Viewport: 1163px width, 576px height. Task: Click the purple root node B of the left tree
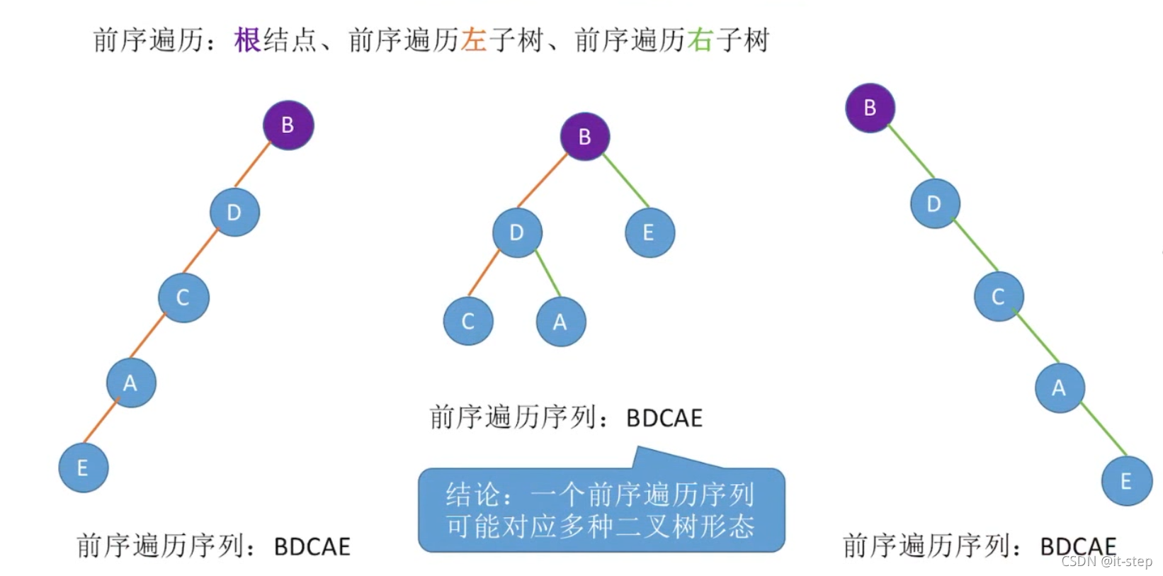288,125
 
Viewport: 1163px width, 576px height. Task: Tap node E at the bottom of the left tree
84,468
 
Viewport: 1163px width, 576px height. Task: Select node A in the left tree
131,383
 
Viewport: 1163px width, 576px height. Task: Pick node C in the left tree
183,298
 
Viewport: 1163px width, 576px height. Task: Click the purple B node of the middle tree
585,137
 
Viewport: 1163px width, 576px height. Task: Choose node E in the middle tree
649,232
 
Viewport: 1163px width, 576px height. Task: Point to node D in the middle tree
517,232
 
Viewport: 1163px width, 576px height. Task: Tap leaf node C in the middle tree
468,322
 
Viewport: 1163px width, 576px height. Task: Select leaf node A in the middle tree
561,322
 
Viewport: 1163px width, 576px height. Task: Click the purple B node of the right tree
870,108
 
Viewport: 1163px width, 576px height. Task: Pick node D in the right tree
935,204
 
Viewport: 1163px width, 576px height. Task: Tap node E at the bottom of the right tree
1126,481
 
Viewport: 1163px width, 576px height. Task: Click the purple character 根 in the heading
248,40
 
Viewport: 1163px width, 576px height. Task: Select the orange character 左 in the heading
474,40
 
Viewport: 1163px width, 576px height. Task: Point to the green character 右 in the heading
700,40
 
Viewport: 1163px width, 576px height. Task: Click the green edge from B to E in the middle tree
626,181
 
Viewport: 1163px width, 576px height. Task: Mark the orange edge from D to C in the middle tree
484,272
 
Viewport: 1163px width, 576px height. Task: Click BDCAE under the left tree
312,547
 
